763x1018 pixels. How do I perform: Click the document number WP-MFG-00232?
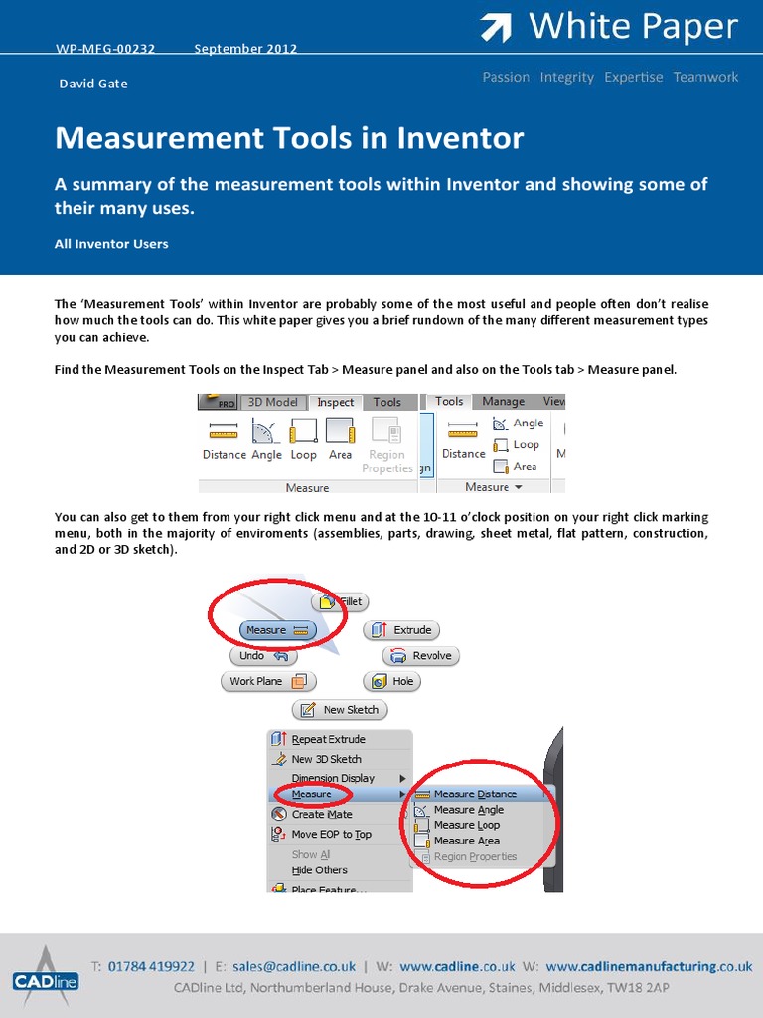(104, 48)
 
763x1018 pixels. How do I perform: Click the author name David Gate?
(92, 84)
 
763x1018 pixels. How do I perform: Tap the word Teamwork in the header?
(705, 77)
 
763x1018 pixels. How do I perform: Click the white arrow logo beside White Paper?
(496, 28)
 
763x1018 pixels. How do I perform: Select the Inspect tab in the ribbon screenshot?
(335, 402)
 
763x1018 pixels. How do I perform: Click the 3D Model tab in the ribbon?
(272, 402)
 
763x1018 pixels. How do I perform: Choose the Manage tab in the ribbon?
(503, 402)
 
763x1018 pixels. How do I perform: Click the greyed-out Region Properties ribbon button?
(386, 444)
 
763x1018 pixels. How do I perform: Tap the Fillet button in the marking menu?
(340, 601)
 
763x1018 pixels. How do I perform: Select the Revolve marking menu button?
(421, 655)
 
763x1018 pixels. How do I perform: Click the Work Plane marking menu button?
(267, 681)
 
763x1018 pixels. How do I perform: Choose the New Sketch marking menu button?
(340, 709)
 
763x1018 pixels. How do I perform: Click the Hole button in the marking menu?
(391, 681)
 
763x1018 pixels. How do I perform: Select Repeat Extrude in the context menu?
(328, 739)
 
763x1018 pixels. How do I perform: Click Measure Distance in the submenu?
(474, 794)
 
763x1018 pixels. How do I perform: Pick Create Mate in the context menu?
(321, 814)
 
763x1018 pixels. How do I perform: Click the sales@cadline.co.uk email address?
(294, 965)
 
